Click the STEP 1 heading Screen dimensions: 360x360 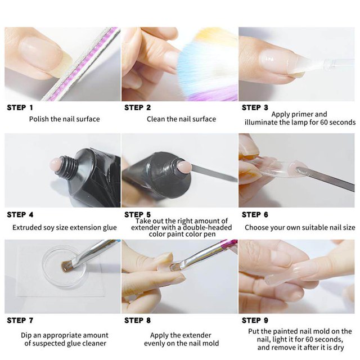click(20, 107)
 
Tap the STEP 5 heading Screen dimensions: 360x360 click(137, 215)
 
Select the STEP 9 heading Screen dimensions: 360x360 click(255, 320)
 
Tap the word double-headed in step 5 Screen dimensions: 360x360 click(208, 227)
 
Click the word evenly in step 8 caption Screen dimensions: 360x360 click(154, 343)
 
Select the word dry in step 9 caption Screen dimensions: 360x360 click(339, 348)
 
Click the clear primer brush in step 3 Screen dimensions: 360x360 click(321, 64)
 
